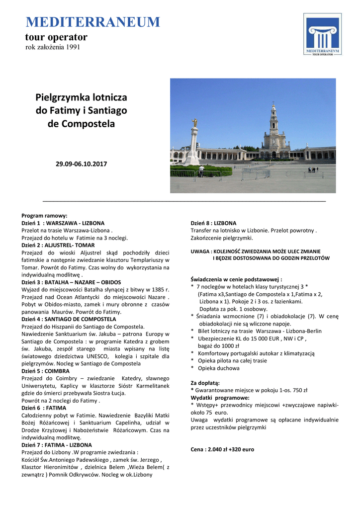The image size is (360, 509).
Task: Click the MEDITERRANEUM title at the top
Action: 93,22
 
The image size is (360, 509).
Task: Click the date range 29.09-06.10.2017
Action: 81,164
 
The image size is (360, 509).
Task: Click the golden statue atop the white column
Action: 195,122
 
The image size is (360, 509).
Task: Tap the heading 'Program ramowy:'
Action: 44,216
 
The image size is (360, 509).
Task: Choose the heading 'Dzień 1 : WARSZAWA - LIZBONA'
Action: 63,223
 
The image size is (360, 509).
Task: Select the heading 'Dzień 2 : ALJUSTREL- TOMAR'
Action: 58,246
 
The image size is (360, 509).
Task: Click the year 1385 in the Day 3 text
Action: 156,290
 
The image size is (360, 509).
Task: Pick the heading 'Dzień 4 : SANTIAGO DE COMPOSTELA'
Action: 69,319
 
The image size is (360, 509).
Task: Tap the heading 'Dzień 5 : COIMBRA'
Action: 46,371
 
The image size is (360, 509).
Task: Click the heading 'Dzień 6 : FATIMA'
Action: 44,408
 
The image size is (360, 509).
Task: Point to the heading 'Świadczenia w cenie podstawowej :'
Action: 236,279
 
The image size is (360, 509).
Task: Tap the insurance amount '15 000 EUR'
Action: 260,339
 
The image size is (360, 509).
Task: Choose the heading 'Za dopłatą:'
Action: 205,383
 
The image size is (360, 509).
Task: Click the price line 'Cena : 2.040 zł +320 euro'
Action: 222,449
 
